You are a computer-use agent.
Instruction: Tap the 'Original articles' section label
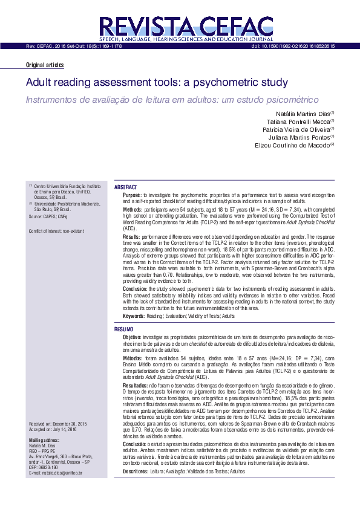[x=44, y=65]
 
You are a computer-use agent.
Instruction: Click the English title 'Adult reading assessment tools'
[x=157, y=82]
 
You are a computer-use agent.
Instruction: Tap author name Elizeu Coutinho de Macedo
[x=294, y=145]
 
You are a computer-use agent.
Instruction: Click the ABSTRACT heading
[x=126, y=187]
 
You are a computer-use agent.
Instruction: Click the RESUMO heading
[x=125, y=329]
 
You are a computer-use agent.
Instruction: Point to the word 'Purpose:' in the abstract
[x=133, y=196]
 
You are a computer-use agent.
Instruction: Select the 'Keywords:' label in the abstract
[x=134, y=316]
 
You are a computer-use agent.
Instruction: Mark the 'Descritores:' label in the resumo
[x=136, y=470]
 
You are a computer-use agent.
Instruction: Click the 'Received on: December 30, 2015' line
[x=58, y=424]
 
